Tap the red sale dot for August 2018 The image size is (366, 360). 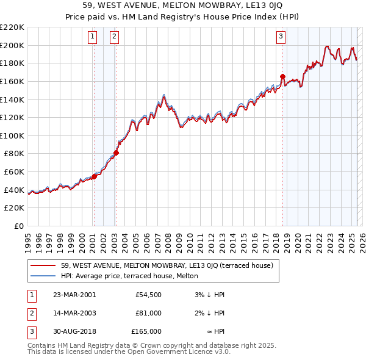tap(282, 77)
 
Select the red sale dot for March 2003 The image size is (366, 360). tap(116, 153)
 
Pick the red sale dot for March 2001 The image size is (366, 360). tap(95, 177)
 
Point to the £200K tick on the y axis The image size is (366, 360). tap(12, 45)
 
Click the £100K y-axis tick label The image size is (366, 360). tap(12, 135)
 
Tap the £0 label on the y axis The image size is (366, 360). tap(18, 226)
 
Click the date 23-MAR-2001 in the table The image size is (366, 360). tap(74, 295)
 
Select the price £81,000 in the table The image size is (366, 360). tap(149, 313)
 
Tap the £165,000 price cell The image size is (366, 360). tap(146, 331)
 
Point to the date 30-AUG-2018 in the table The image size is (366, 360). tap(74, 331)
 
